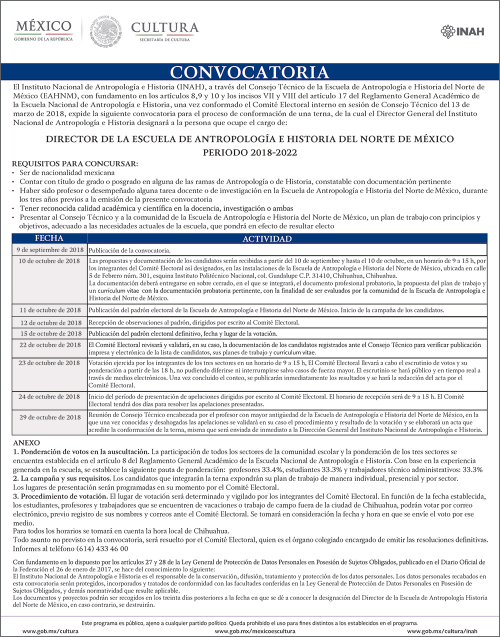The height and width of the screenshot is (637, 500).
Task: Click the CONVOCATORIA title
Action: coord(249,72)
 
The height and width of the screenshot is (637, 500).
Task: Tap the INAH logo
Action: coord(462,31)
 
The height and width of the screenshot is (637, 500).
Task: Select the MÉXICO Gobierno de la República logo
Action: coord(43,30)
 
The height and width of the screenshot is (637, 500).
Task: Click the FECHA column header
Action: coord(49,238)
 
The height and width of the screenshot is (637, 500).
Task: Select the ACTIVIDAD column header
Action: coord(267,239)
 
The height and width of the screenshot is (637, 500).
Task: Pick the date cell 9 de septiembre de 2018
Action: coord(50,250)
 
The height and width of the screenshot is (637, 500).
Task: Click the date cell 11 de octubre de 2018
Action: coord(50,310)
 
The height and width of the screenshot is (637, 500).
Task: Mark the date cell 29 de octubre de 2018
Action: coord(50,417)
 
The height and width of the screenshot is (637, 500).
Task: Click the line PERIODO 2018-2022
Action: coord(249,152)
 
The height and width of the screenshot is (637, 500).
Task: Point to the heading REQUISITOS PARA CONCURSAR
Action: coord(74,163)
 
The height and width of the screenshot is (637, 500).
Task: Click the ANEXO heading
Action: coord(26,443)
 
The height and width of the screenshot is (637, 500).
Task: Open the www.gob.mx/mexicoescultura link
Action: coord(250,631)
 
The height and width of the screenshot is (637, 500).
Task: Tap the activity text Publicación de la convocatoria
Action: coord(129,250)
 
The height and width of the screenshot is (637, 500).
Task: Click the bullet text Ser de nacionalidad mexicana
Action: coord(67,172)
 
